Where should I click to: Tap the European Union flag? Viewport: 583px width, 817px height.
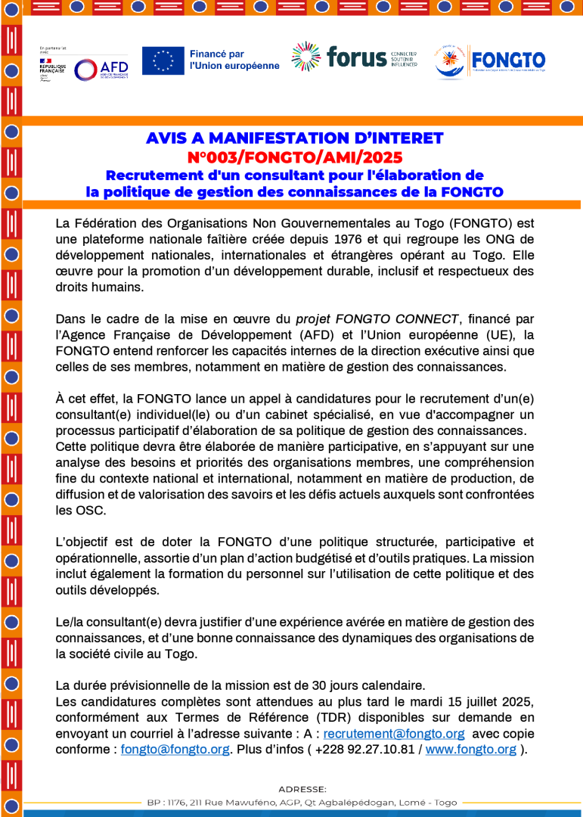click(x=163, y=61)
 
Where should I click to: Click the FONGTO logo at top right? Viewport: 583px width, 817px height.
click(x=489, y=61)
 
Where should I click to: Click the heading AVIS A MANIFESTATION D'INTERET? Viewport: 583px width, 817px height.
click(x=294, y=138)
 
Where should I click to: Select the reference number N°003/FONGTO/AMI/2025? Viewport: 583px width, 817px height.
click(x=294, y=157)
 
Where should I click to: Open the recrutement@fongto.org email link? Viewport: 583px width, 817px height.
click(x=394, y=734)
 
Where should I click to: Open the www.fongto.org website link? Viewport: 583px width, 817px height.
click(x=471, y=750)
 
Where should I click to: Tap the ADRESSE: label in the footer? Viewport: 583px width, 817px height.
click(x=302, y=789)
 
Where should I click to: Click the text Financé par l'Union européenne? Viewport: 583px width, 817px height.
click(x=234, y=60)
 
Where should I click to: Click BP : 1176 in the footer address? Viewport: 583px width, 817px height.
click(x=165, y=802)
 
